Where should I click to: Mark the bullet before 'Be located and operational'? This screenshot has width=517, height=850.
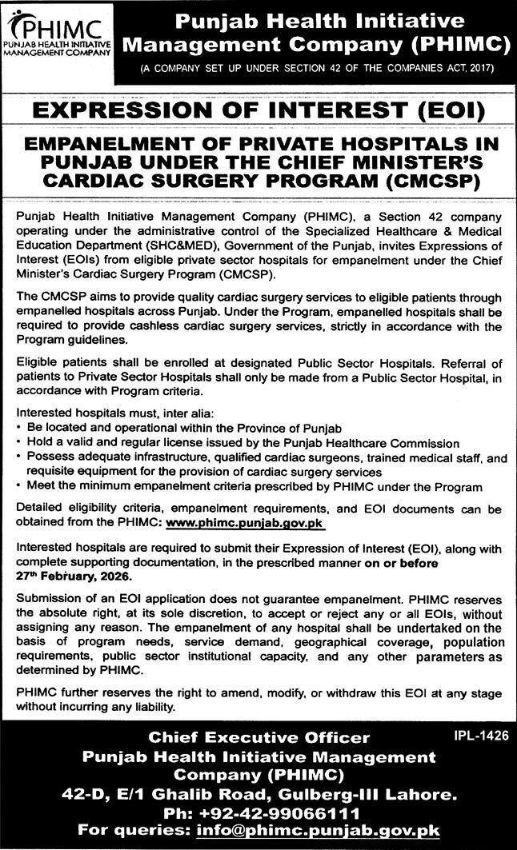[x=18, y=427]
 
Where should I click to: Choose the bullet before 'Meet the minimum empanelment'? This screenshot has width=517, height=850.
[x=18, y=486]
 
